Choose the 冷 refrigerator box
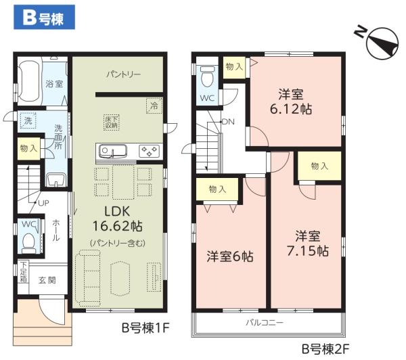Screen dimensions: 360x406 click(154, 106)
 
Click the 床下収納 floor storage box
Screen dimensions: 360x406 click(112, 122)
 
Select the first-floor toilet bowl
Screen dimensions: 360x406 click(29, 240)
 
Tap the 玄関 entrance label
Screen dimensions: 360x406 click(47, 279)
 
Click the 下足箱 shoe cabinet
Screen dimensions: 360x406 click(24, 273)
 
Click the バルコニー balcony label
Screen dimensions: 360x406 click(264, 322)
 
